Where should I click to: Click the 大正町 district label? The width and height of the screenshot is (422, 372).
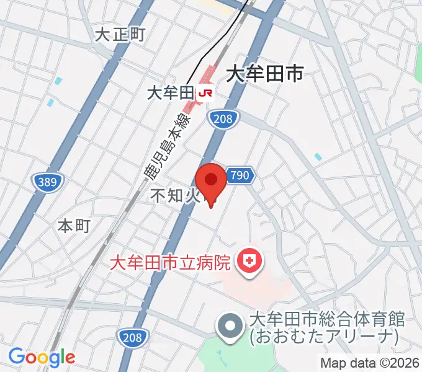120,34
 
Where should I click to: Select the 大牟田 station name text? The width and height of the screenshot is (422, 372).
170,94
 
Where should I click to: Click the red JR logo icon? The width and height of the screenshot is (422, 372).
205,94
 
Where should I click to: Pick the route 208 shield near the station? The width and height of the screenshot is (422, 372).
222,120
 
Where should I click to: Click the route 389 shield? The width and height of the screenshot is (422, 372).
48,182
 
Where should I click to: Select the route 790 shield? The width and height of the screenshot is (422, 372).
240,176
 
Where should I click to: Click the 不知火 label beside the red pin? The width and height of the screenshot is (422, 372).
176,196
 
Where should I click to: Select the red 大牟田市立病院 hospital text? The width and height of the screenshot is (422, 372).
171,262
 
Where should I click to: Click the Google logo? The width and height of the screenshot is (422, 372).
42,357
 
